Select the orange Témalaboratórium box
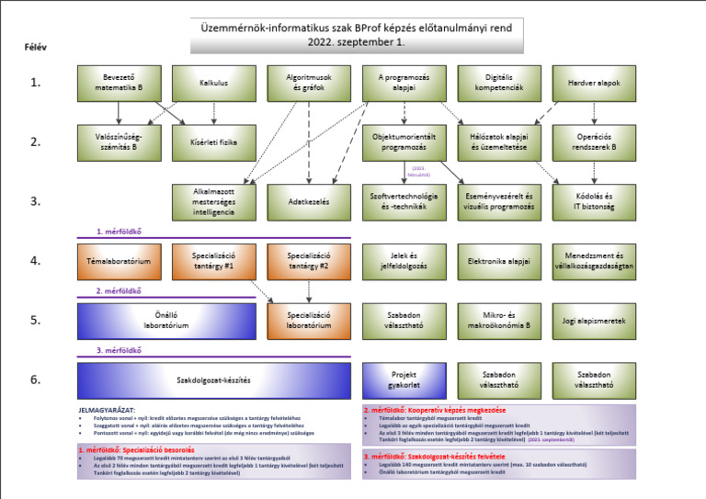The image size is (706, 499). point(119,261)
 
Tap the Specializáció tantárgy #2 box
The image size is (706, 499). point(309,261)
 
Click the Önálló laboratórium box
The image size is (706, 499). point(165,322)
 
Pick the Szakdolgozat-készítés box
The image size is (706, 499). point(213,380)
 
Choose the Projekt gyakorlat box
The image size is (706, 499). point(404,380)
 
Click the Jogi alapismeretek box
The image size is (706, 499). point(594,322)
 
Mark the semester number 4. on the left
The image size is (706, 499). point(36,261)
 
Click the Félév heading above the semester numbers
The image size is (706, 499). point(36,45)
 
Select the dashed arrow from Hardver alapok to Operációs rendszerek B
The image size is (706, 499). point(594,112)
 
